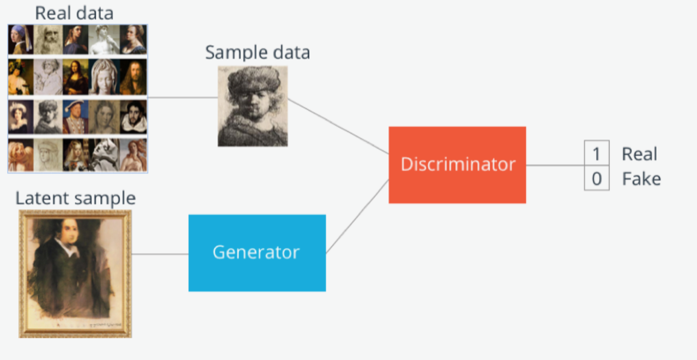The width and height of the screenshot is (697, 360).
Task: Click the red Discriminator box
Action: tap(457, 165)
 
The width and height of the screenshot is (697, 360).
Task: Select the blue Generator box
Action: tap(257, 253)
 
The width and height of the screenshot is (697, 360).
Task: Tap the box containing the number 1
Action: tap(596, 153)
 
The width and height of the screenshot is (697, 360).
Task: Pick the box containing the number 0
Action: tap(596, 178)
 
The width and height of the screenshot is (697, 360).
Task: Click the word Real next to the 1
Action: tap(639, 154)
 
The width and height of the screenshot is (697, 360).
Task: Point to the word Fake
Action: tap(641, 179)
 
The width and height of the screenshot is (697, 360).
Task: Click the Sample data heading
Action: tap(258, 52)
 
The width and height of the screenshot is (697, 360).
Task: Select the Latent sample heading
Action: tap(76, 198)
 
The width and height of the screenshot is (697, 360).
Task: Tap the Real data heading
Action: tap(74, 13)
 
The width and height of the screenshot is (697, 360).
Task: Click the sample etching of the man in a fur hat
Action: tap(253, 106)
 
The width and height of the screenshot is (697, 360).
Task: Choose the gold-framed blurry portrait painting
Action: tap(75, 274)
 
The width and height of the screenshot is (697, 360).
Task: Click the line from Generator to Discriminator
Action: tap(357, 217)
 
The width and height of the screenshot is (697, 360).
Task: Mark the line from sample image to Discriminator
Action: tap(338, 126)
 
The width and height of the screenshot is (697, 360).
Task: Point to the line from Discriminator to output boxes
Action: tap(555, 165)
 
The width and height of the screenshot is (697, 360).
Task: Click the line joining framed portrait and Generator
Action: tap(160, 254)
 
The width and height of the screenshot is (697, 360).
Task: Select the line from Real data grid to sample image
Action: tap(182, 97)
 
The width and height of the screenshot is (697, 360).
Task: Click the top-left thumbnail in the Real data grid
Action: tap(21, 40)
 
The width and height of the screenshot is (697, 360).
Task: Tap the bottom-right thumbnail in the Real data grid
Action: tap(133, 155)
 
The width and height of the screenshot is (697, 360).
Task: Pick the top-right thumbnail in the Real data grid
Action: tap(133, 40)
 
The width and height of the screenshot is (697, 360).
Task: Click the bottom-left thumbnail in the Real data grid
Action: tap(21, 155)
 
